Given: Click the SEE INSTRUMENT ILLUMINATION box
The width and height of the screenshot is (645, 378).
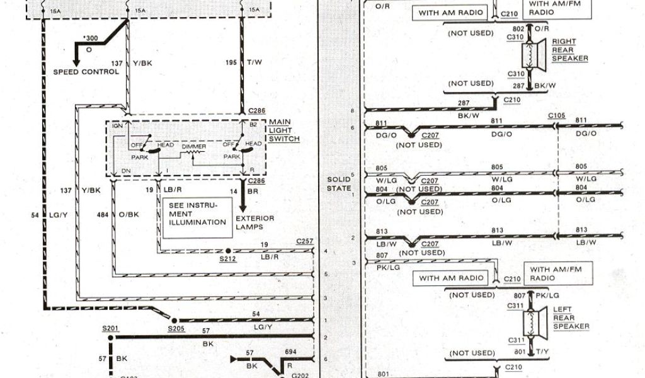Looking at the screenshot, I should coord(197,216).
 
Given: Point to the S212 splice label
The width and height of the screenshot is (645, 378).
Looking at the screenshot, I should coord(228,258).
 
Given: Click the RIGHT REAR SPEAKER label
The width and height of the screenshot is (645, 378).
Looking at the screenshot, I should coord(570,50).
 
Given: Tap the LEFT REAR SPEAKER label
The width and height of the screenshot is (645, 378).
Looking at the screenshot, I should coord(571,318).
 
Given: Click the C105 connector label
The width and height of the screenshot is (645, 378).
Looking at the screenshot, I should coord(557,116).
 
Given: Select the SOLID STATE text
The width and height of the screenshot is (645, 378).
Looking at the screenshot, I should coord(338,184).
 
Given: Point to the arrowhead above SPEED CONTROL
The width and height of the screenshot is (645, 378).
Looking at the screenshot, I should coord(76,62).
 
